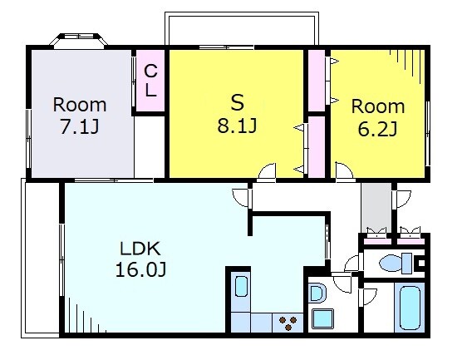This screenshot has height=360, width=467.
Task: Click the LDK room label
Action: (140, 249)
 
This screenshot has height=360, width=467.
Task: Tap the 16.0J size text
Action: (140, 270)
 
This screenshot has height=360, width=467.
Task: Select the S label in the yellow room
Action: (238, 102)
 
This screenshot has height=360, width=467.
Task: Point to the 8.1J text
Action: (237, 126)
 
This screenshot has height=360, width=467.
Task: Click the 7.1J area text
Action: (80, 127)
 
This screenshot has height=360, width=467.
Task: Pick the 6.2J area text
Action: (377, 129)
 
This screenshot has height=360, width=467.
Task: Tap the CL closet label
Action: (150, 81)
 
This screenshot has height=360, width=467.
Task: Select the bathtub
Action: (410, 308)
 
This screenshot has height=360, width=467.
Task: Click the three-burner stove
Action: (288, 323)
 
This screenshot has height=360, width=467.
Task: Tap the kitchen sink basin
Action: (241, 286)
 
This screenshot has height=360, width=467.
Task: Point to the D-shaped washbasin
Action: (317, 293)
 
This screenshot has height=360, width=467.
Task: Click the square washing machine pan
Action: (322, 318)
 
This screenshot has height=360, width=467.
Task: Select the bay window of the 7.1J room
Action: (78, 41)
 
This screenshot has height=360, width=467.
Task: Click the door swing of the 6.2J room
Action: (344, 171)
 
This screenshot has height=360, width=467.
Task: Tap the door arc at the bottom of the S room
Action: (268, 171)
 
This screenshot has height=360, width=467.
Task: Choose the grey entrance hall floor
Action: (376, 208)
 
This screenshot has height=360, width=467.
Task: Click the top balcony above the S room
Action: (242, 28)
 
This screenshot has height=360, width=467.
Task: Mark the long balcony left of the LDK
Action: (41, 258)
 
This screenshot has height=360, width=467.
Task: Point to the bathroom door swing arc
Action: (369, 297)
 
